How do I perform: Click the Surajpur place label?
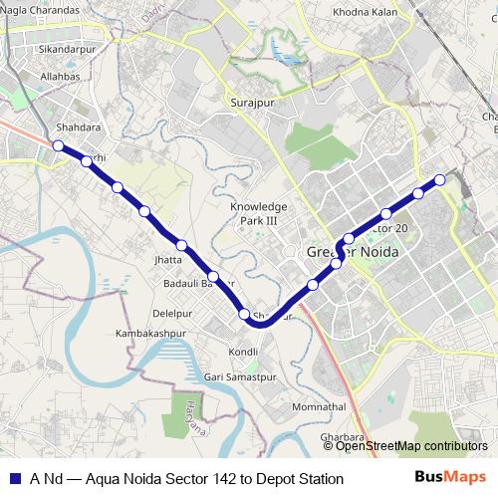click(x=252, y=103)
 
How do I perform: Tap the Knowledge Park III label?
click(x=258, y=213)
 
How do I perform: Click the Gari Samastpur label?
click(x=240, y=378)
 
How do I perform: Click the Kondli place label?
click(x=244, y=353)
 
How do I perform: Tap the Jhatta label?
click(x=169, y=260)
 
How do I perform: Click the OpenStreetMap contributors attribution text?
click(x=411, y=446)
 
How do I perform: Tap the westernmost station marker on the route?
click(x=58, y=146)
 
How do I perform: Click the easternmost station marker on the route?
click(x=439, y=179)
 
